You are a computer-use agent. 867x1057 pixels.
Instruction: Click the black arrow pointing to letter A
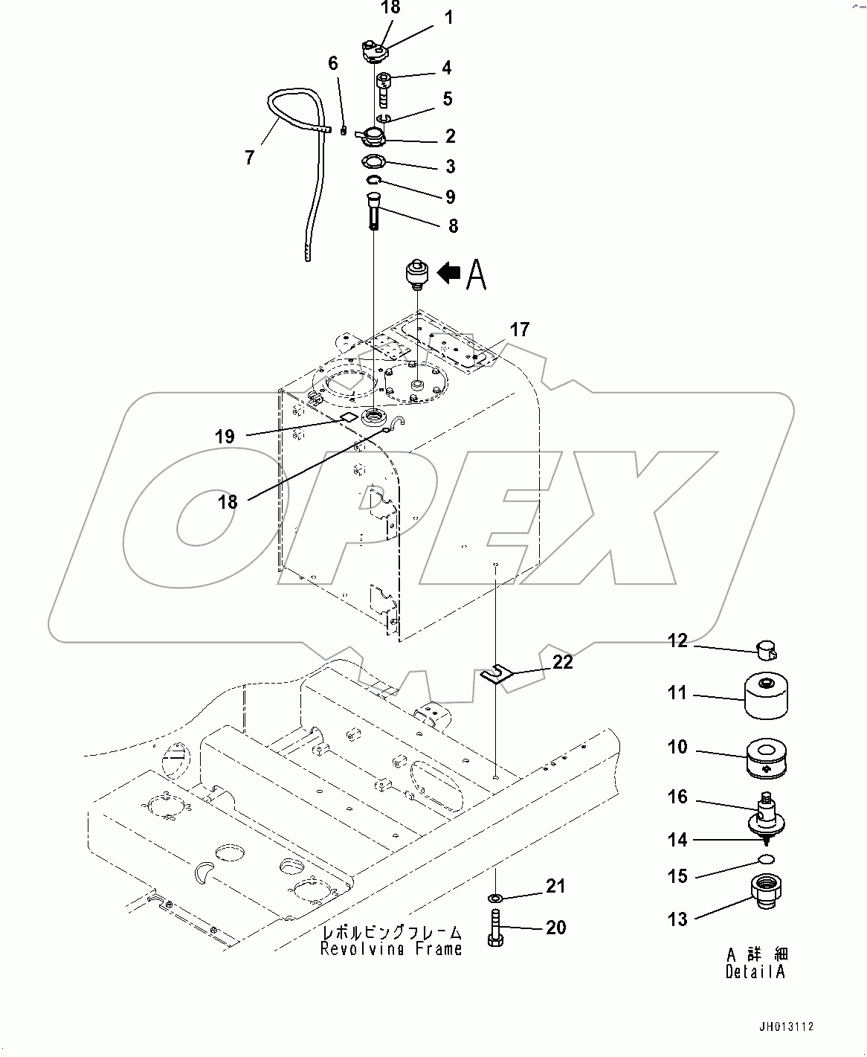click(x=449, y=274)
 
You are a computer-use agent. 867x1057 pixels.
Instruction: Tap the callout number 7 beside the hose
click(x=249, y=157)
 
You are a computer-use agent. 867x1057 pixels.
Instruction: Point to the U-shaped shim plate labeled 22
click(x=497, y=674)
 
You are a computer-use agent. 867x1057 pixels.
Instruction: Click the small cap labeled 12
click(x=765, y=651)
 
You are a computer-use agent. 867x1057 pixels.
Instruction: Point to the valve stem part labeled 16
click(x=766, y=817)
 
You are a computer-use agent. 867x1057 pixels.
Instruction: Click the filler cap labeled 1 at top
click(x=374, y=53)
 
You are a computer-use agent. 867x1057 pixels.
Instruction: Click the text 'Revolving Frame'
click(x=391, y=948)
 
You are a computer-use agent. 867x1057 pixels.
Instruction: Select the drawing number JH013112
click(x=786, y=1027)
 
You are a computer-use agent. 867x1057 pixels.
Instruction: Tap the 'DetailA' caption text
click(x=755, y=971)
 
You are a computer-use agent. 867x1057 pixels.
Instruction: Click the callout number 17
click(x=519, y=329)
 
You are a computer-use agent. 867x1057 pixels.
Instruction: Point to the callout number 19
click(x=225, y=437)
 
